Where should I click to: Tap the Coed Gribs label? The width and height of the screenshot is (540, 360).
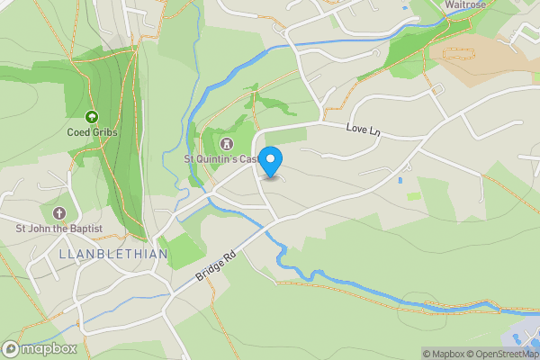[x=91, y=132]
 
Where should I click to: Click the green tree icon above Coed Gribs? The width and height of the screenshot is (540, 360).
[x=91, y=117]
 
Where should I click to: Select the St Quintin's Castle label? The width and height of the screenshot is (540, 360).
[x=221, y=159]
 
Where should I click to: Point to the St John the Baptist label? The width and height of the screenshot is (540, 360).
[x=59, y=229]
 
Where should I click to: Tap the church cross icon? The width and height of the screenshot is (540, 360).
[x=59, y=213]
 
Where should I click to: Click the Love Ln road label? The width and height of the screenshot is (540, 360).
[x=364, y=131]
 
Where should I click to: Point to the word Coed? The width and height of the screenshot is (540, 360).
[x=78, y=132]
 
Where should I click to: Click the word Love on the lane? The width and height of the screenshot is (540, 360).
[x=356, y=130]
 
